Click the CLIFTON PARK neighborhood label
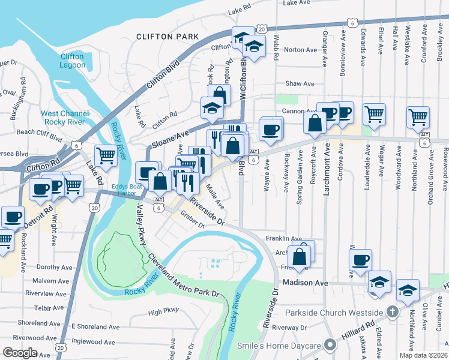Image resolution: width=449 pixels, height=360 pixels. pyautogui.click(x=167, y=37)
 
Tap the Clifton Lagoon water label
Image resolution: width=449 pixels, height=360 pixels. pyautogui.click(x=72, y=61)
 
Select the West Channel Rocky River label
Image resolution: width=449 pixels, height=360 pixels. pyautogui.click(x=65, y=118)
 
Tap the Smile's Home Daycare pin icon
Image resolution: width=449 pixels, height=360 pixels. pyautogui.click(x=329, y=344)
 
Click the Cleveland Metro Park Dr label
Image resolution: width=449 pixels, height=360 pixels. pyautogui.click(x=180, y=274)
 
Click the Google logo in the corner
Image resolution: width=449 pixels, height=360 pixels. pyautogui.click(x=20, y=353)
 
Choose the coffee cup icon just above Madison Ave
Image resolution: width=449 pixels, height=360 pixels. pyautogui.click(x=360, y=260)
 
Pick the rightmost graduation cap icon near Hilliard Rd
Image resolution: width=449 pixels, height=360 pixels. pyautogui.click(x=408, y=290)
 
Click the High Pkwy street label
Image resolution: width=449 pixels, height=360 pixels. pyautogui.click(x=163, y=311)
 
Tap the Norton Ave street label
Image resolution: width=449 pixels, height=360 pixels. pyautogui.click(x=300, y=50)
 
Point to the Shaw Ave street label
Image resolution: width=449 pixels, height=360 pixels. pyautogui.click(x=300, y=84)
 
